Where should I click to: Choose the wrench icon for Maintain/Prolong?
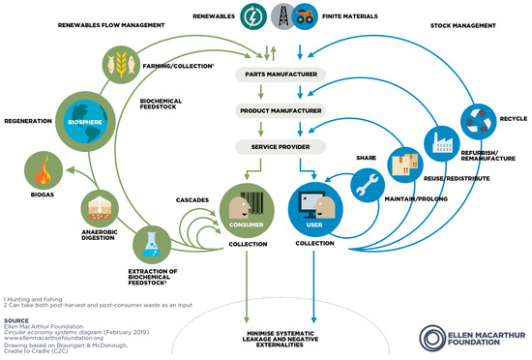[367, 186]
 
